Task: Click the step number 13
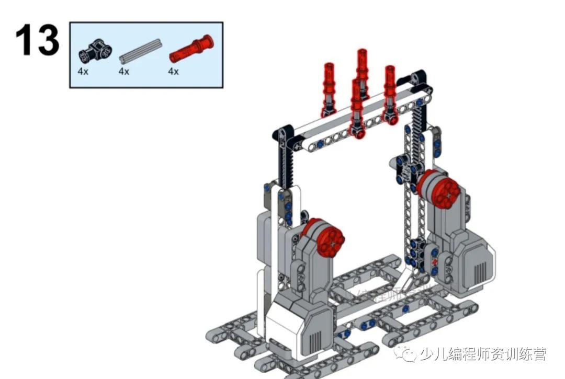click(37, 40)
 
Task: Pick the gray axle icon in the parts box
click(139, 51)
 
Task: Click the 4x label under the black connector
click(83, 72)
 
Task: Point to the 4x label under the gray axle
click(123, 72)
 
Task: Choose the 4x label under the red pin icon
click(173, 72)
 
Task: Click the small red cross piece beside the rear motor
click(434, 260)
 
